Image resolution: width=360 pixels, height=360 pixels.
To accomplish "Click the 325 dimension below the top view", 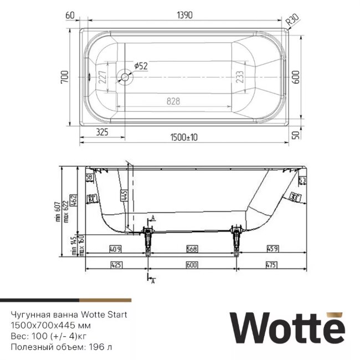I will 102,132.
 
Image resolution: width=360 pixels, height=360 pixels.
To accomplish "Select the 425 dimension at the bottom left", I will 116,265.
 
